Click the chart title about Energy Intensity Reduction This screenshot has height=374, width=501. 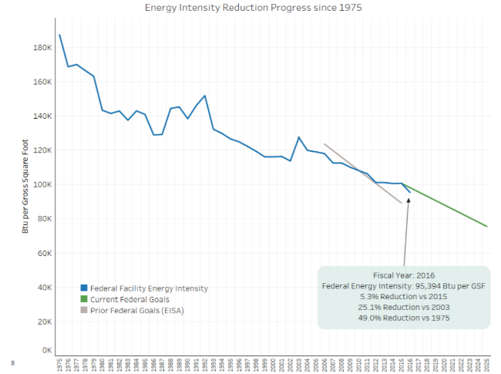[x=253, y=8]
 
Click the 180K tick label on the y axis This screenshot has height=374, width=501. [x=41, y=48]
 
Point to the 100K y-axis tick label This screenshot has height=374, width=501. [x=41, y=184]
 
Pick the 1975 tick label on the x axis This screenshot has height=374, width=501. [x=59, y=365]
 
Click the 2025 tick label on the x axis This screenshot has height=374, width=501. [x=487, y=365]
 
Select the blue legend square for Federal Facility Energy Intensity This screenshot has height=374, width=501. [x=82, y=288]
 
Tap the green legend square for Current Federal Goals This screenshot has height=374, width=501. [x=82, y=299]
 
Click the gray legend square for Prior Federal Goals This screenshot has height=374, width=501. [x=82, y=310]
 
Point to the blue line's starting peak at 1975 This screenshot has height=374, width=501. [x=59, y=35]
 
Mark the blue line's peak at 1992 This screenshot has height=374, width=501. [x=205, y=96]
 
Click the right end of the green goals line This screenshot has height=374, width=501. [x=487, y=227]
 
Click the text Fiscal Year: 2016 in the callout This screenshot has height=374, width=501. [x=404, y=275]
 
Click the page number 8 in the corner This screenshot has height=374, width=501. [x=12, y=362]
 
